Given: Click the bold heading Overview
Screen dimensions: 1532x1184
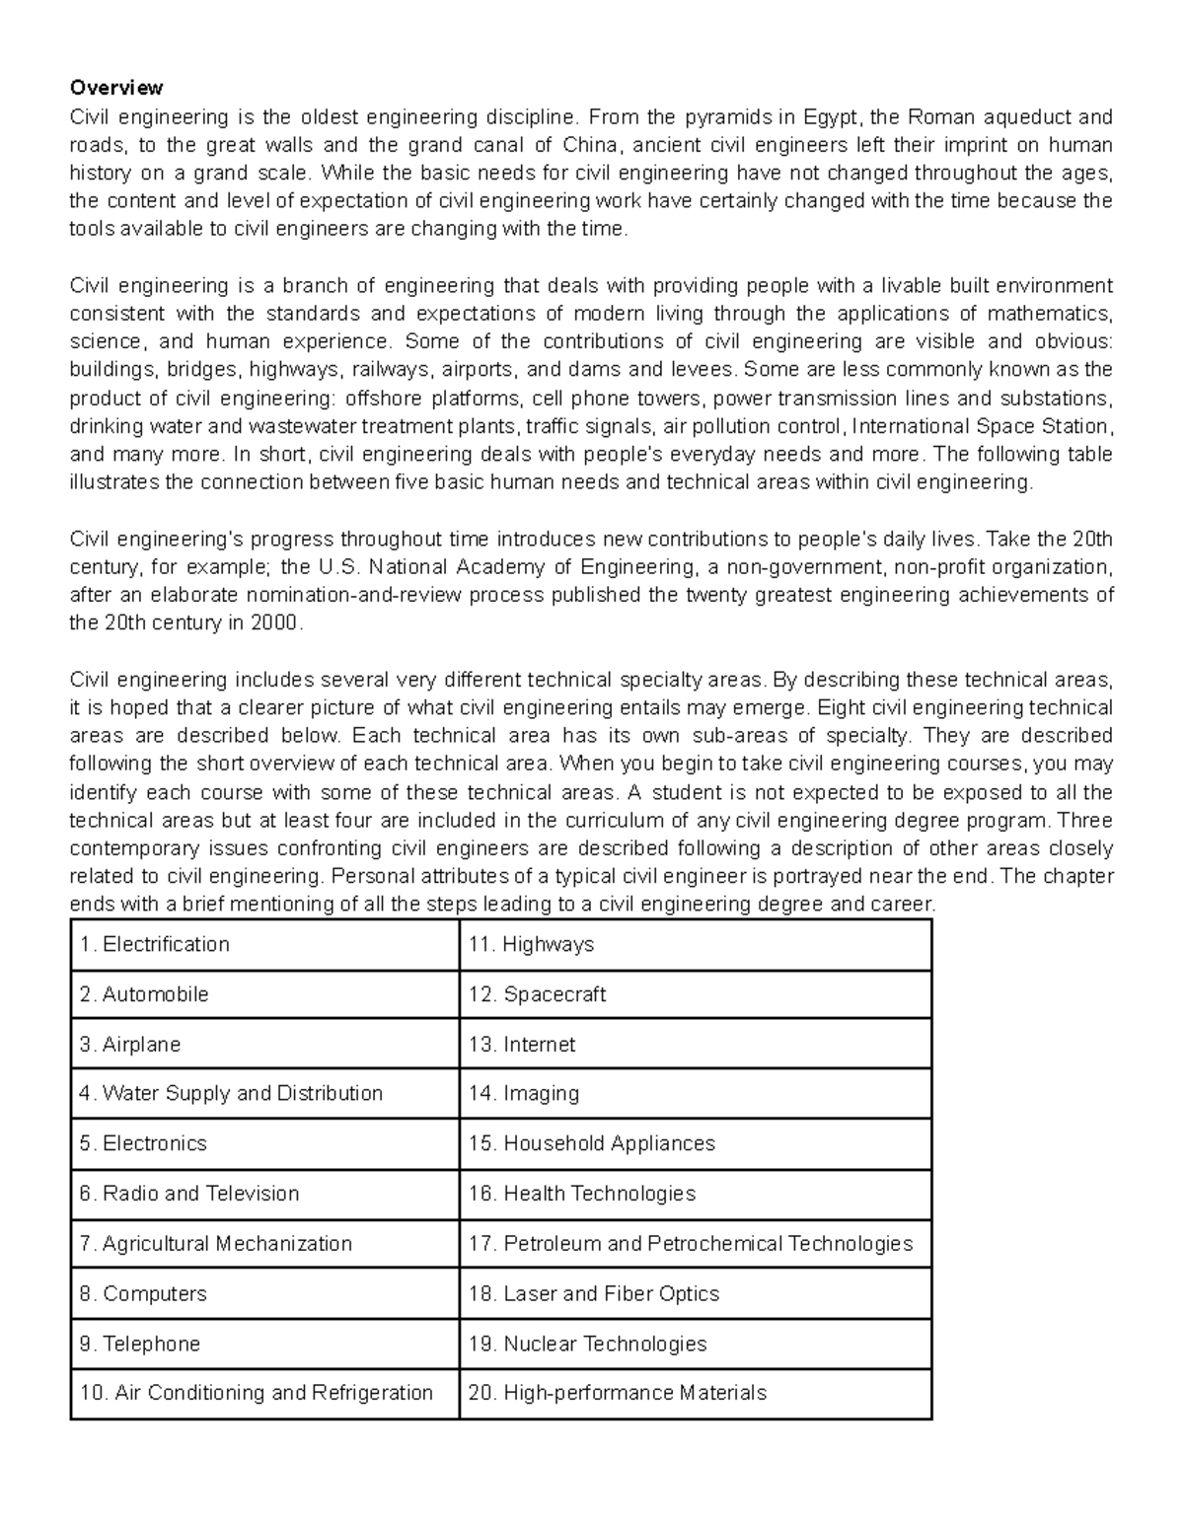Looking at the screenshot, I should point(116,89).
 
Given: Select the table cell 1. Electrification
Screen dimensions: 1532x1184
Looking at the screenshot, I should point(155,944).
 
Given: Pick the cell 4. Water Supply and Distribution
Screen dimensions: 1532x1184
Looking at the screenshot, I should point(231,1093).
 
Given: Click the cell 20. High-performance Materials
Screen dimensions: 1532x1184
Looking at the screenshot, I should point(618,1393).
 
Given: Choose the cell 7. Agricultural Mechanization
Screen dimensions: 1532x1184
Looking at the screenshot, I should point(215,1243).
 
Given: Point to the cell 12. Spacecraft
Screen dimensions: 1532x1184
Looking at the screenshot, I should point(538,994).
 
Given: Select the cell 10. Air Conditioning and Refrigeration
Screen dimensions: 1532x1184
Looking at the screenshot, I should point(257,1393).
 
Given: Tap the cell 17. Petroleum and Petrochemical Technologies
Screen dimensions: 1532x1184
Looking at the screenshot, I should point(691,1243).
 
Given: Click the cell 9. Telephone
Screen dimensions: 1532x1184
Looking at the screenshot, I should point(140,1344).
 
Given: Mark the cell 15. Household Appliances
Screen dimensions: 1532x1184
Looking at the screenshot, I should point(592,1143).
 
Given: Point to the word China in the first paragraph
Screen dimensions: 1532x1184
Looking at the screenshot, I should point(589,145).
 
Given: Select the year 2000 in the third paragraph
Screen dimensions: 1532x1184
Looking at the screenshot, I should point(273,623).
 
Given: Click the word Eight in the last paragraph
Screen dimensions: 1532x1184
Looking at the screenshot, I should point(840,707).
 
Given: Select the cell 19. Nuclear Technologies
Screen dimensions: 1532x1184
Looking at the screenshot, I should point(588,1344).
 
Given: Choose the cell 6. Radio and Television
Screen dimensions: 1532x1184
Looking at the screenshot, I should point(189,1194).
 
